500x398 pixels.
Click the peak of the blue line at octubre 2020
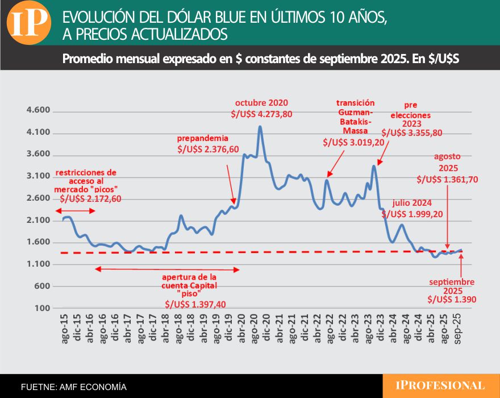point(260,127)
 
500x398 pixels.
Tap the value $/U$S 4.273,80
point(261,114)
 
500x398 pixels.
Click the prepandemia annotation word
point(203,138)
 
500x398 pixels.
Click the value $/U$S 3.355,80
point(412,133)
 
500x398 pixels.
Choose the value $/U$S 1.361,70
point(448,179)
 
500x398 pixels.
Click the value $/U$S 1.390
point(452,299)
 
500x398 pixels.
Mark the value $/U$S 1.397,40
point(195,304)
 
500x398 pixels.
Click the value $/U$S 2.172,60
point(90,198)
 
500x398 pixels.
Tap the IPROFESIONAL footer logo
point(440,386)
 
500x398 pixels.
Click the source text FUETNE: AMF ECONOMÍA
point(73,387)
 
